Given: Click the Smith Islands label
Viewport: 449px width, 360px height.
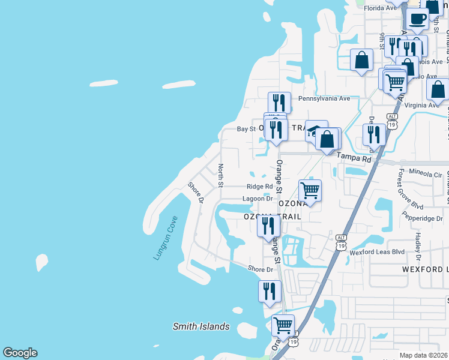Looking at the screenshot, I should [x=201, y=326].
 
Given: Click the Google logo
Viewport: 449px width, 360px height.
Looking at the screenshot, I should [x=20, y=353].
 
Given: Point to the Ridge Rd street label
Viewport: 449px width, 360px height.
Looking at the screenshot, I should [x=259, y=187].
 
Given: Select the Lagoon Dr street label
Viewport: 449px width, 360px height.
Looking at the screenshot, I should [x=258, y=199].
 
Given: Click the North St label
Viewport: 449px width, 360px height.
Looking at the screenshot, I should [x=221, y=175].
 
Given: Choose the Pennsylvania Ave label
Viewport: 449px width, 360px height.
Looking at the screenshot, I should [x=324, y=98].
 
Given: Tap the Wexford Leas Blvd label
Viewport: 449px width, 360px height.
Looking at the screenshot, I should [x=377, y=253].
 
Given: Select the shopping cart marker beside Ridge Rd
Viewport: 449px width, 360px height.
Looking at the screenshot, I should [x=310, y=191].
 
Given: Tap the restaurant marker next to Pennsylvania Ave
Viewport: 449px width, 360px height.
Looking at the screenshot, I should [x=280, y=102].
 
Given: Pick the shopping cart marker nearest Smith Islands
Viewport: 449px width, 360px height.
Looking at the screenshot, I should [x=283, y=325].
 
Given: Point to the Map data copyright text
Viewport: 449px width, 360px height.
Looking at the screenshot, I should [x=424, y=355].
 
